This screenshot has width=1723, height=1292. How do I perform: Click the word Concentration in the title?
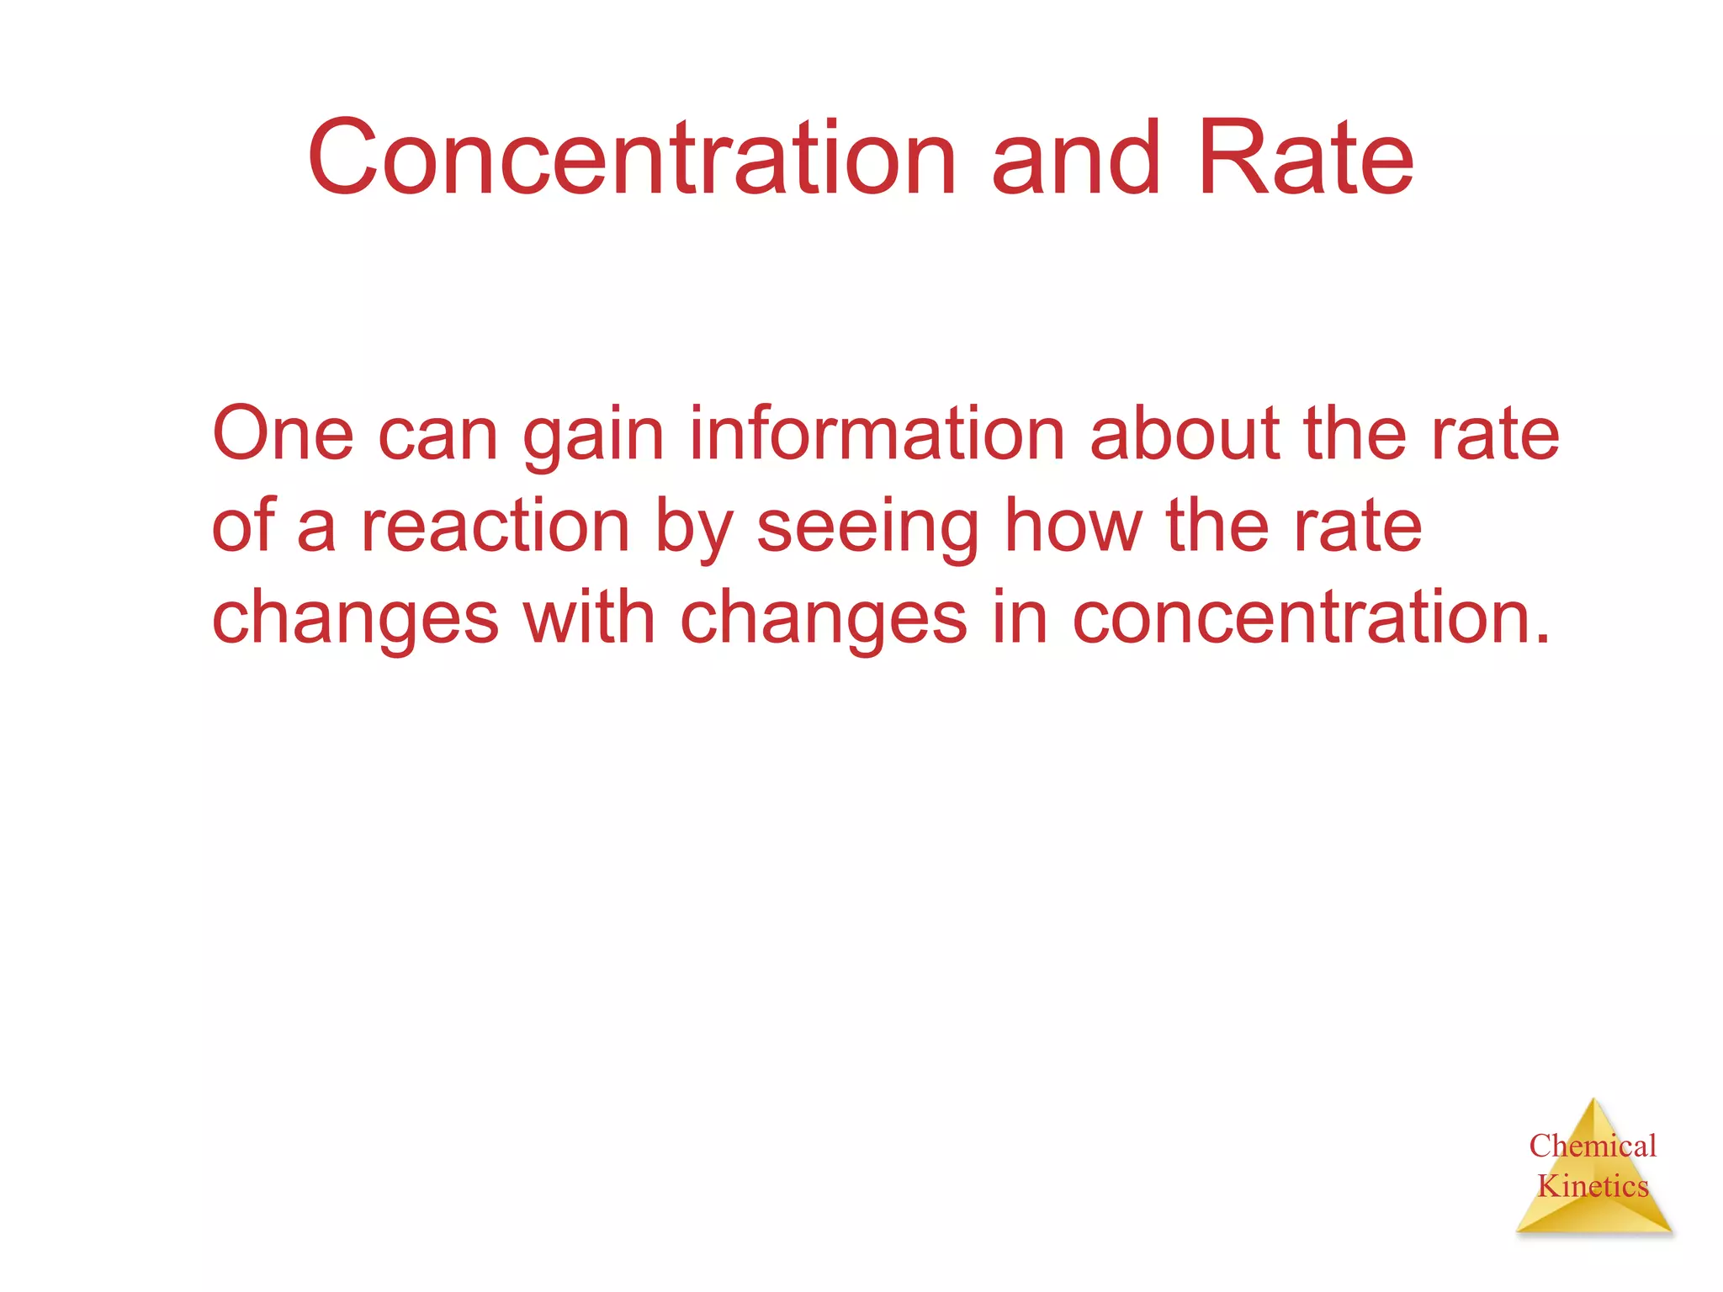[x=632, y=158]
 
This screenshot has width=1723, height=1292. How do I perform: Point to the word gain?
[x=594, y=436]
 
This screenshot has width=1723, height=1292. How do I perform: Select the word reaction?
[x=496, y=527]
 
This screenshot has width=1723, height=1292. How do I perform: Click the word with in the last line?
[x=589, y=617]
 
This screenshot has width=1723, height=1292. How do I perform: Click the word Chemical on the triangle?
[x=1593, y=1146]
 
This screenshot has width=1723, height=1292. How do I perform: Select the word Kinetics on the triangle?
[x=1593, y=1186]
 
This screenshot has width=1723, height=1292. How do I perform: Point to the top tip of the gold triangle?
[x=1593, y=1100]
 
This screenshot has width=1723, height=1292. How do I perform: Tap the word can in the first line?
[x=437, y=436]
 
